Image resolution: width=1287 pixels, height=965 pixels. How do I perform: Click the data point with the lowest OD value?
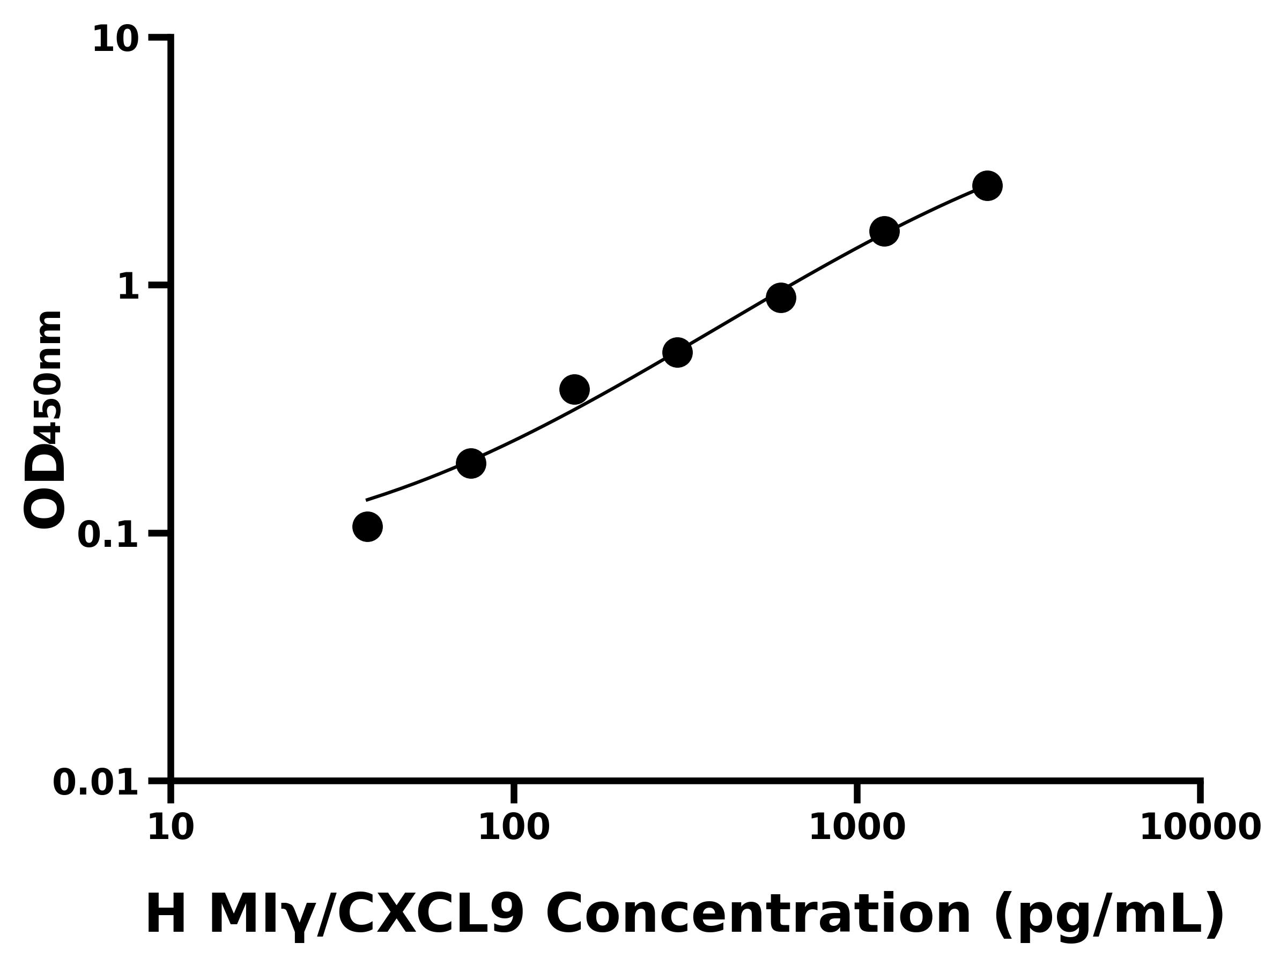click(x=367, y=526)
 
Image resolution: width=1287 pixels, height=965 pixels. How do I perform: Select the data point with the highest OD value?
click(x=987, y=185)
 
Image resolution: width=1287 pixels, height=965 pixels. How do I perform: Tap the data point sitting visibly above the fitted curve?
click(x=574, y=389)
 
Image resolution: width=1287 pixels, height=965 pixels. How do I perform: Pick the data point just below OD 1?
click(x=781, y=298)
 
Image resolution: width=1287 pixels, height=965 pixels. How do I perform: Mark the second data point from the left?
click(x=471, y=463)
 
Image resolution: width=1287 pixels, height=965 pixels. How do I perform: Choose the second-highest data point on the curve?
click(x=884, y=232)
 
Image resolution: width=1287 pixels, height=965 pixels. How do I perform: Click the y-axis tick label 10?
click(x=116, y=40)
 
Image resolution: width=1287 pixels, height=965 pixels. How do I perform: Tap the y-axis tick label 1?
click(x=129, y=287)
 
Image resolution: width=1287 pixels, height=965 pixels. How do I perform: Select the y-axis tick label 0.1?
click(x=108, y=535)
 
